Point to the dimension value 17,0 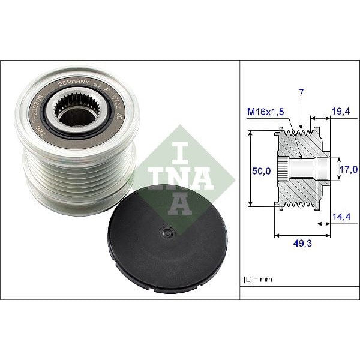[x=349, y=170]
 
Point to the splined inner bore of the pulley [x=76, y=112]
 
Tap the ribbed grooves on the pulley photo [x=78, y=180]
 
